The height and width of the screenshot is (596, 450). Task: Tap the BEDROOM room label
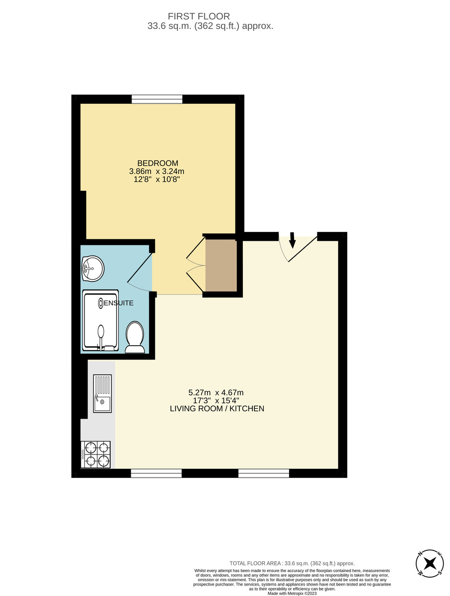157,163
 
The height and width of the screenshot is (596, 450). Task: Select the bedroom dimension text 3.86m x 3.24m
157,171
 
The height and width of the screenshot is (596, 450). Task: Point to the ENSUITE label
119,302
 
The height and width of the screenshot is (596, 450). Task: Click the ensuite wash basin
93,269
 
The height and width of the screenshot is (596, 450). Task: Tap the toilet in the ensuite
135,337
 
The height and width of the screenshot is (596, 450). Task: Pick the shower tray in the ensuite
101,320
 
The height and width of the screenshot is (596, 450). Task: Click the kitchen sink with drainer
102,393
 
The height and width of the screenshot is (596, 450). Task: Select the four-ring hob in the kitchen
95,454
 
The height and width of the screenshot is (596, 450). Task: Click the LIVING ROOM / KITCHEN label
217,409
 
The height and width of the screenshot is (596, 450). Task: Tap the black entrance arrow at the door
292,240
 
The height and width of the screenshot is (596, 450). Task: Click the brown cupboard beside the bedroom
221,266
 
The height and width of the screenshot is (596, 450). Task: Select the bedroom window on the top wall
157,99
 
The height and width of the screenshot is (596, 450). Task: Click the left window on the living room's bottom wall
156,473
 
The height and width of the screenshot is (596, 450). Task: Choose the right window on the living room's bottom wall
264,473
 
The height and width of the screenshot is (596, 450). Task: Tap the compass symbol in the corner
430,563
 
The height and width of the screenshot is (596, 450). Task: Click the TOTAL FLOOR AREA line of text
292,563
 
